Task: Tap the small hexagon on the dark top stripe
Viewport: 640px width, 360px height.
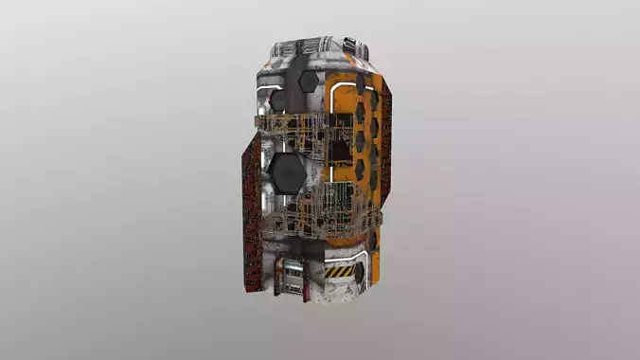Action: tap(307, 82)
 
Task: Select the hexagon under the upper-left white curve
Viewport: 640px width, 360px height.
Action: tap(279, 99)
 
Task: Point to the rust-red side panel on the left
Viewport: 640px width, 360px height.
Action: tap(251, 213)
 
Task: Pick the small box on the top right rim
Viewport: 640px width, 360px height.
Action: tap(349, 44)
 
